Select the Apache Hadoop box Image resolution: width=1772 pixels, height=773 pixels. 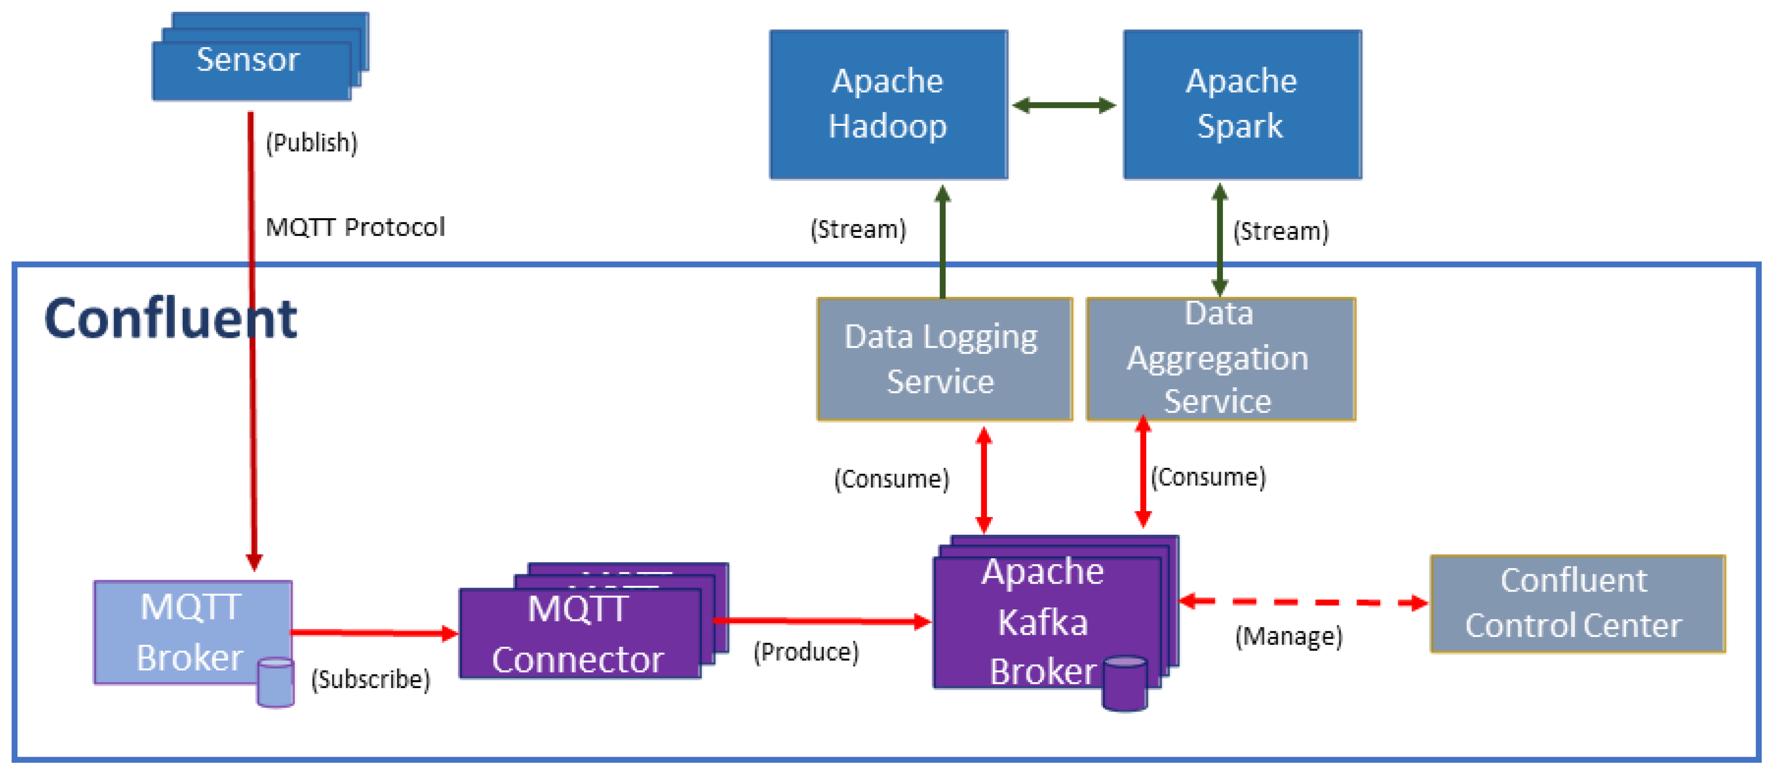tap(888, 104)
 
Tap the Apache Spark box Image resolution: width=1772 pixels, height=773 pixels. tap(1242, 104)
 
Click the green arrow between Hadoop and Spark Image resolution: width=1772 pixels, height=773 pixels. tap(1064, 105)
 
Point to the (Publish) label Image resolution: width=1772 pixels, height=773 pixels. tap(312, 143)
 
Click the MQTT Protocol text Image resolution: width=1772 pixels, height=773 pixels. tap(355, 227)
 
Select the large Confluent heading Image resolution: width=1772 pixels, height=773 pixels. tap(170, 319)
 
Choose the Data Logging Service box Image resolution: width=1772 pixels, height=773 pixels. tap(944, 359)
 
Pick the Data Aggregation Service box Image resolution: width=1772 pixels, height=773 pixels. tap(1220, 359)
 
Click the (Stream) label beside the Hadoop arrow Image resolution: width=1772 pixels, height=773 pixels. tap(858, 229)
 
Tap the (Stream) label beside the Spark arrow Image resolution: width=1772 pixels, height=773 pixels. tap(1280, 231)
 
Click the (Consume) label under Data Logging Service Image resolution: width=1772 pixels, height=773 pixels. tap(891, 479)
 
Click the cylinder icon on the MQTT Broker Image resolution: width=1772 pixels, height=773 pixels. tap(275, 682)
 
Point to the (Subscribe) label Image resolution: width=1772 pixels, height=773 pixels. tap(370, 680)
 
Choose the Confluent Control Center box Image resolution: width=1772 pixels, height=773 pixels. tap(1577, 604)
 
